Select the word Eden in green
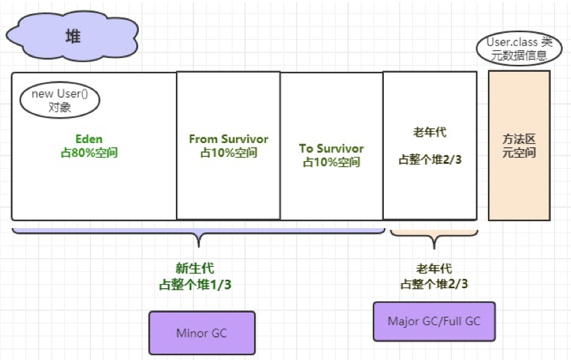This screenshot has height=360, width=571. [89, 139]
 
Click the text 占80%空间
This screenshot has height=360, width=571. [89, 152]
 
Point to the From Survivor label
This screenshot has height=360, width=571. [228, 139]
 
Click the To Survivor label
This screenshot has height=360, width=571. [331, 149]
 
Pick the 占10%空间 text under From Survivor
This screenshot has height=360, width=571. [228, 152]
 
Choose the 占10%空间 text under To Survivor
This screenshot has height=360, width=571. [331, 162]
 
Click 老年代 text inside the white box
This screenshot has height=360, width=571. [430, 131]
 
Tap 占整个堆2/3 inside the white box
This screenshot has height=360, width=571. [430, 159]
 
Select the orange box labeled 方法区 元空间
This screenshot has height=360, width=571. [519, 145]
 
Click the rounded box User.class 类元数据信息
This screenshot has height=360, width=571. [519, 48]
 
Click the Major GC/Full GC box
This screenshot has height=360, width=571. [434, 321]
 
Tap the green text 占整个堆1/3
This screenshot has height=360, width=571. [196, 284]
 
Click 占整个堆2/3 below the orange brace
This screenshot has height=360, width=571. [434, 284]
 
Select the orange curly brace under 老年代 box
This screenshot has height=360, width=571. [434, 237]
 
